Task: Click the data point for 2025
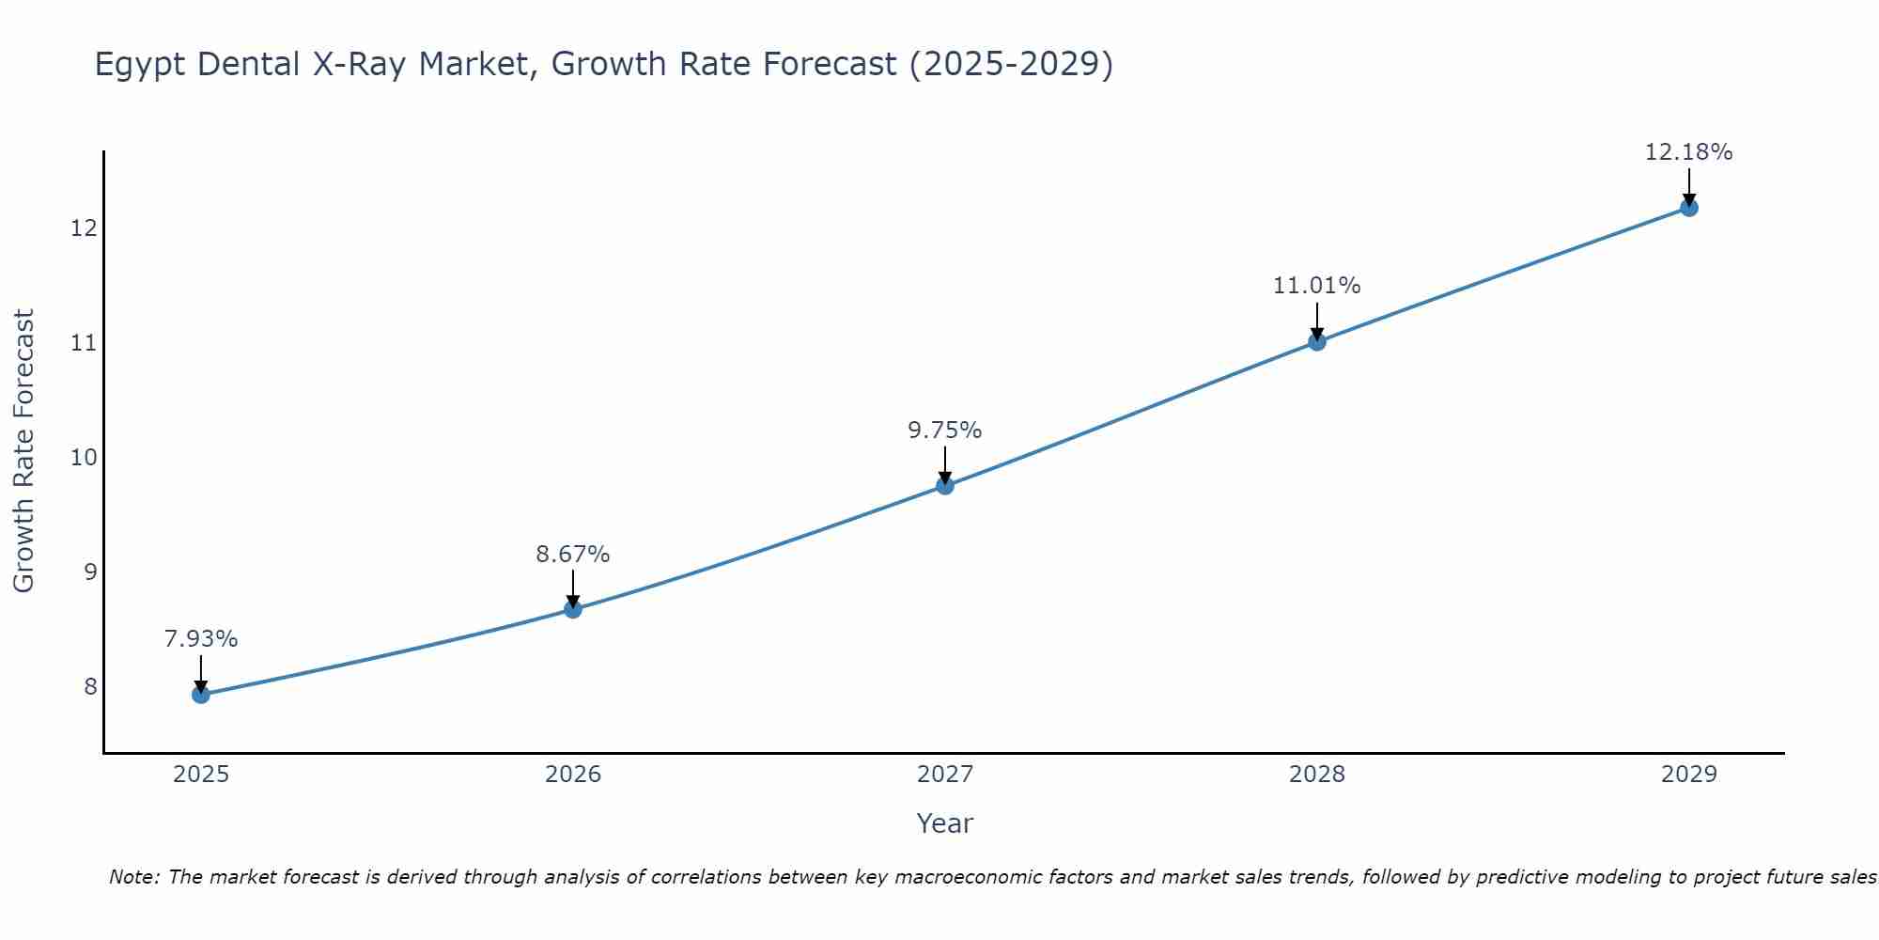coord(201,695)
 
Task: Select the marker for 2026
coord(573,609)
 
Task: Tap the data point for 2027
coord(945,485)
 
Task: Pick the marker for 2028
coord(1317,341)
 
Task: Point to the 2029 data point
coord(1688,208)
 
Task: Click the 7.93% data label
coord(201,639)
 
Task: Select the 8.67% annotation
coord(573,555)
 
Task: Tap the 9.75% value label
coord(945,431)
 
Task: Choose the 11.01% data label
coord(1317,286)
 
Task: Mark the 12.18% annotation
coord(1688,152)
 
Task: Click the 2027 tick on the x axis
coord(945,775)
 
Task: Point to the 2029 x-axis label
coord(1688,775)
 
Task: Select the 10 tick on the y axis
coord(84,458)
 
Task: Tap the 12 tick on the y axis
coord(84,228)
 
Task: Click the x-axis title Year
coord(945,823)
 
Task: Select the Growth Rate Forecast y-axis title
coord(23,451)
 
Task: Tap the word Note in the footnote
coord(134,877)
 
